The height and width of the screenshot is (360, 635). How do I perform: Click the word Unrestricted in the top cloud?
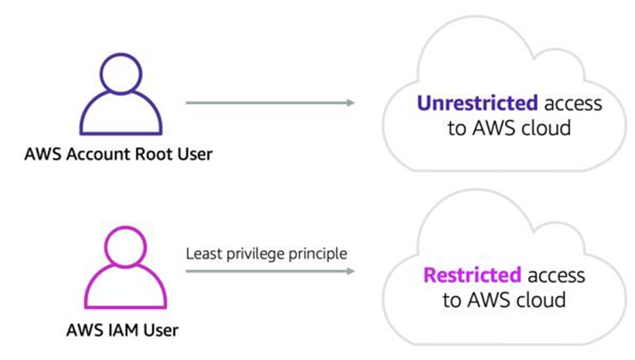(476, 103)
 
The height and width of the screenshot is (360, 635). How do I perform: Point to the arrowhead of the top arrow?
(350, 103)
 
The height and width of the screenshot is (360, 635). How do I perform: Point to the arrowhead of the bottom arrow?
(350, 271)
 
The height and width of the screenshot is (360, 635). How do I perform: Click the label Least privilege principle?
(266, 255)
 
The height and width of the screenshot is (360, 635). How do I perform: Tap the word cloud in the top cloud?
(544, 128)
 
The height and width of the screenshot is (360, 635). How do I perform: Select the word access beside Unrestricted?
(572, 103)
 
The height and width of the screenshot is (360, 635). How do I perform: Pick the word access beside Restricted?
(555, 276)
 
